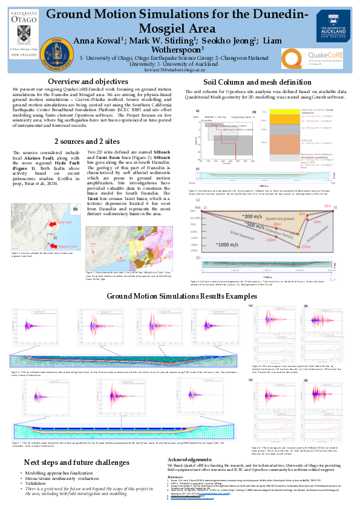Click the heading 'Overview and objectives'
pyautogui.click(x=88, y=82)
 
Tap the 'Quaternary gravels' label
pyautogui.click(x=275, y=219)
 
